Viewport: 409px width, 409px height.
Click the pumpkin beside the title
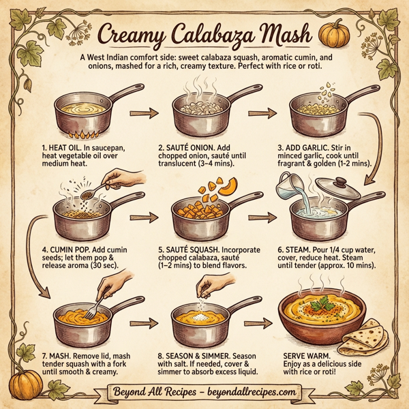point(333,33)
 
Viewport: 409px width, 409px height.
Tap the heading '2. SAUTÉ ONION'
point(192,147)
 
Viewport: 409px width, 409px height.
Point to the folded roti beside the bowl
point(376,334)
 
